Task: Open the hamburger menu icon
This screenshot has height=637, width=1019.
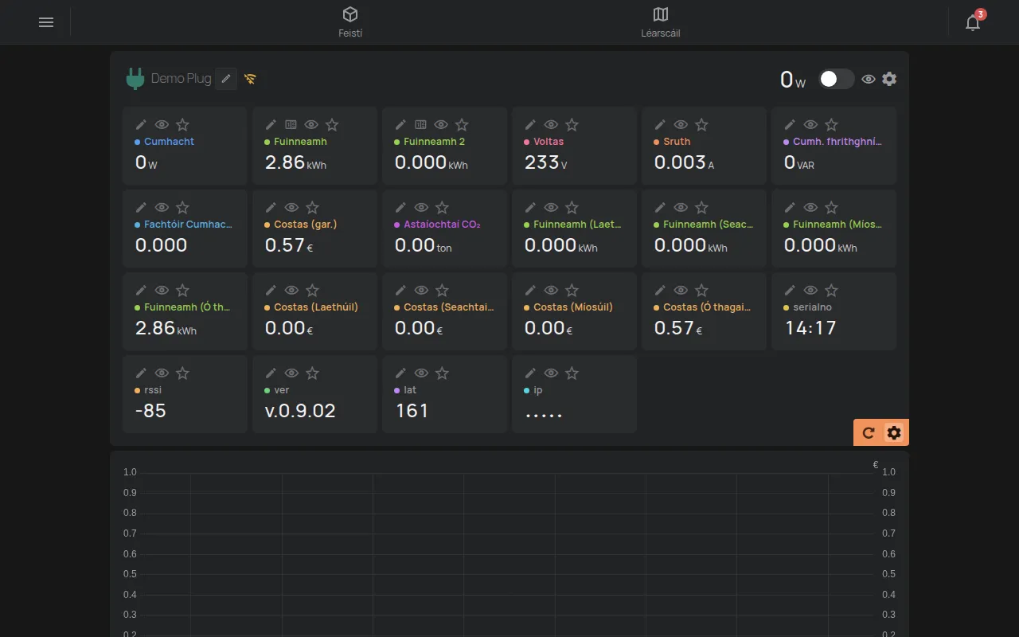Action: (x=46, y=22)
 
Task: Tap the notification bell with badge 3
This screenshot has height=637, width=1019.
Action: (x=973, y=21)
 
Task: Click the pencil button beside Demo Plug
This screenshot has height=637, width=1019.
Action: (x=225, y=79)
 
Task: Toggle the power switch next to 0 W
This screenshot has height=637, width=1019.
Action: (x=836, y=79)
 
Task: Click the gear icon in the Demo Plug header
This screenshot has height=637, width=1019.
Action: (x=889, y=79)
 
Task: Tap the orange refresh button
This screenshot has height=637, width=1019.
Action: (x=869, y=432)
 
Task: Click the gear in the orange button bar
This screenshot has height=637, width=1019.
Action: (x=894, y=432)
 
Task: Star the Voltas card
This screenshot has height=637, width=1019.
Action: (x=572, y=125)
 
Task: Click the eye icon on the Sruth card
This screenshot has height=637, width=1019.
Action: (x=681, y=125)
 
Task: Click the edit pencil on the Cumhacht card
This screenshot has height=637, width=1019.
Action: (x=141, y=125)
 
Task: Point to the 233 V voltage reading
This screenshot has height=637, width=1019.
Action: (x=546, y=162)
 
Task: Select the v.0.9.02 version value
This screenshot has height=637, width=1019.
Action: (x=300, y=411)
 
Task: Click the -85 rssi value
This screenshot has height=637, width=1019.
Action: (x=150, y=411)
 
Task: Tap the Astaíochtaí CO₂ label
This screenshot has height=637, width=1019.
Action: (x=442, y=225)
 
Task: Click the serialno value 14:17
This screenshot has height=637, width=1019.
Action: (x=810, y=328)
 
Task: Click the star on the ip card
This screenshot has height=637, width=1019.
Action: (x=572, y=373)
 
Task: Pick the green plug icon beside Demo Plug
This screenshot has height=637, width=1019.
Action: (x=135, y=79)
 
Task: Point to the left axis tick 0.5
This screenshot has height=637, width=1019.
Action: (x=130, y=574)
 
